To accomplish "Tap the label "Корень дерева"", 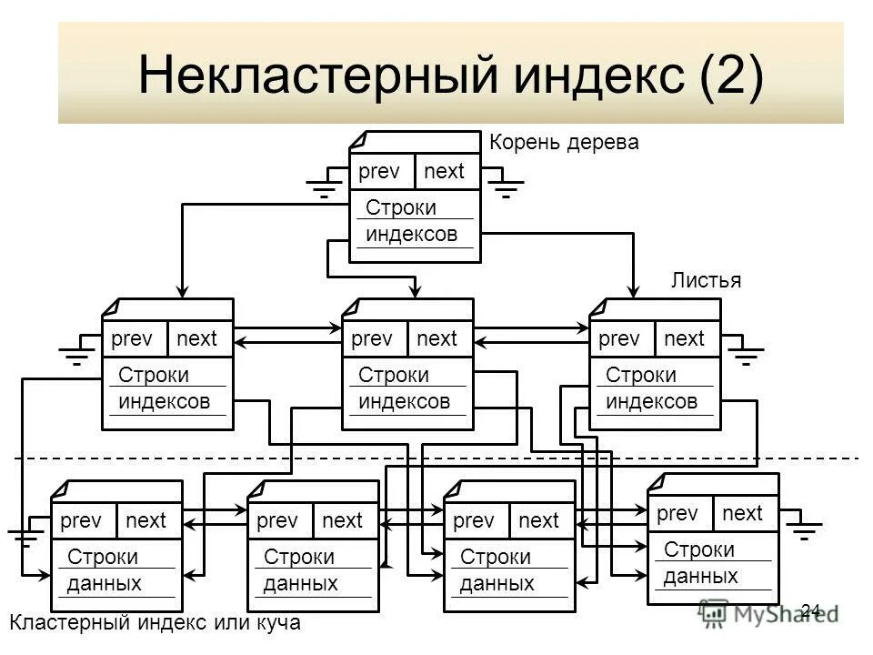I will coord(564,142).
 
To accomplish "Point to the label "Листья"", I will coord(706,280).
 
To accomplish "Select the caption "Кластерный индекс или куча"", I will coord(155,623).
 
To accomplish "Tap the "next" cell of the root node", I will coord(445,172).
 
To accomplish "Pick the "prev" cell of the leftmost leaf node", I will coord(132,339).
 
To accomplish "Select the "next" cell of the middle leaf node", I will coord(437,339).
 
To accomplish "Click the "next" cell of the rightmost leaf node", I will coord(685,339).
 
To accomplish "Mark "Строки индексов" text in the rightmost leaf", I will coord(651,388).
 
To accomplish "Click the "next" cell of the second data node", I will coord(343,521).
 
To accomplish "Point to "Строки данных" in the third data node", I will coord(497,570).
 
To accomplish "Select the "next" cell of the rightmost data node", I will coord(743,514).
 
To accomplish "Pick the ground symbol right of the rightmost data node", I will coord(804,530).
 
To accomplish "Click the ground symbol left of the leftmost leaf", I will coord(76,355).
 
